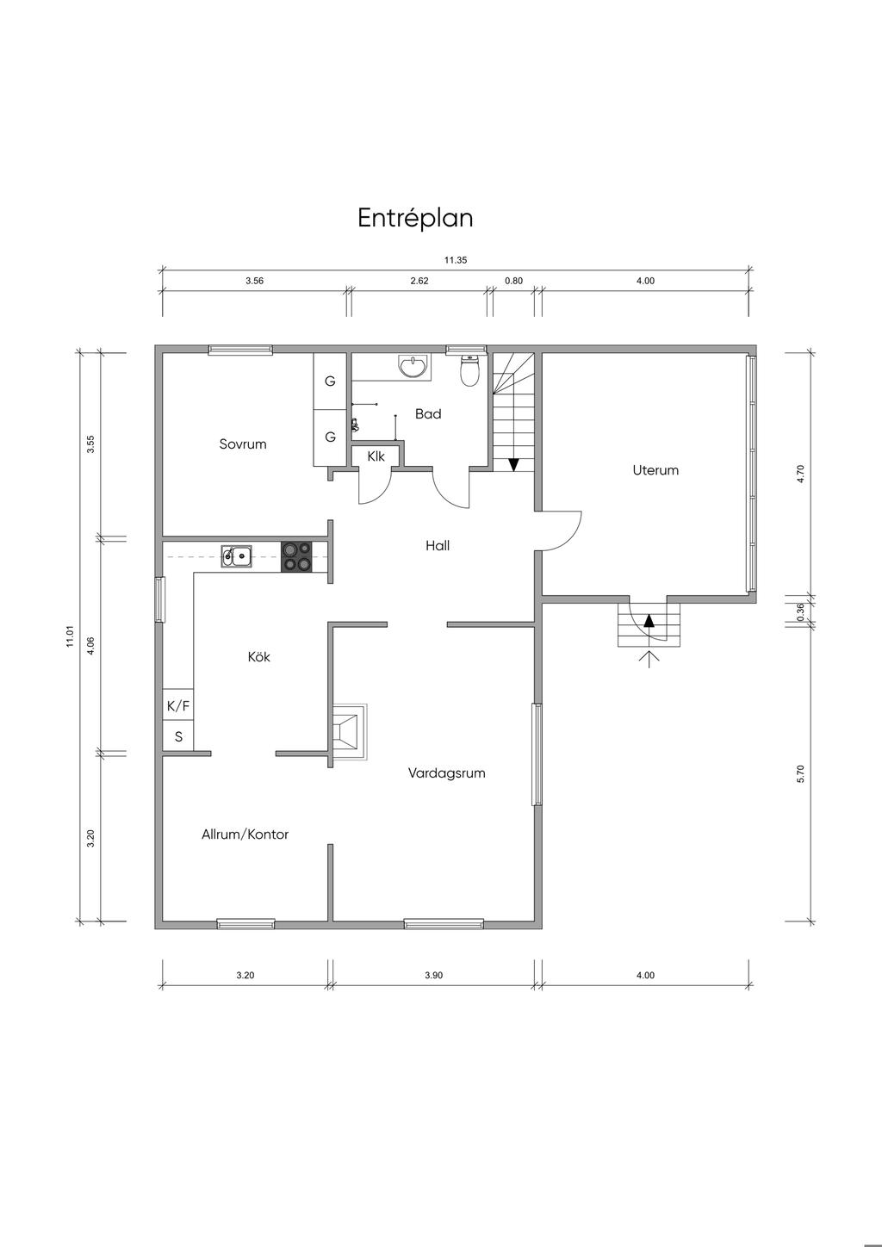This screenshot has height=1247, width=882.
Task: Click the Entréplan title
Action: click(x=415, y=218)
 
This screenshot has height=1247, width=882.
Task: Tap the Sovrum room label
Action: click(x=243, y=444)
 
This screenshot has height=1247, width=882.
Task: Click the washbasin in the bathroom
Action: click(x=413, y=367)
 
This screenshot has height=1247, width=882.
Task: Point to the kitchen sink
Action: click(x=236, y=556)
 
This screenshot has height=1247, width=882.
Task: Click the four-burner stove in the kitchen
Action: click(x=296, y=556)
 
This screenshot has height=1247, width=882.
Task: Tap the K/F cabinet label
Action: click(x=178, y=706)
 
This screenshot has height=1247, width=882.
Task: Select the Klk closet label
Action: click(x=376, y=456)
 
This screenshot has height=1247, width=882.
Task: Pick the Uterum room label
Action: click(x=655, y=470)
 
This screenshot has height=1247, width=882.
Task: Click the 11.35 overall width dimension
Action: click(x=456, y=260)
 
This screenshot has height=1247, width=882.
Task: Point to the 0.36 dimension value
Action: click(x=801, y=611)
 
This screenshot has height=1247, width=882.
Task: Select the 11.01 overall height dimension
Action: click(x=70, y=636)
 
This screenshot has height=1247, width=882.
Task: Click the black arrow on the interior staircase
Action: click(x=513, y=464)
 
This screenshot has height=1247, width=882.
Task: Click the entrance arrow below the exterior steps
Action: click(x=649, y=659)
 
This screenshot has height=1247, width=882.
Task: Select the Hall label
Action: click(x=438, y=546)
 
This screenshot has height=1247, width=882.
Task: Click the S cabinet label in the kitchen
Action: click(x=179, y=737)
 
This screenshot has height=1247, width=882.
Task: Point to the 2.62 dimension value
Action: click(x=419, y=281)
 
